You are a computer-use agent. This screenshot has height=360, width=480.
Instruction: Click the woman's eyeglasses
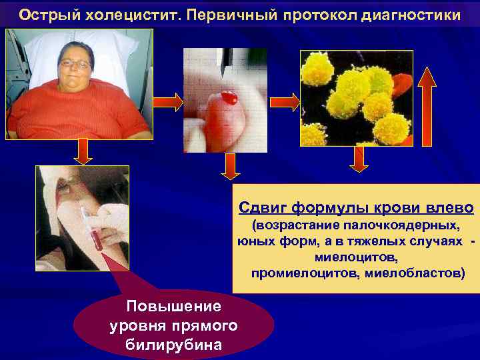[x=75, y=65]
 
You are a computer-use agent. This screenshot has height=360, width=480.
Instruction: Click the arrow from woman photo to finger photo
[x=168, y=102]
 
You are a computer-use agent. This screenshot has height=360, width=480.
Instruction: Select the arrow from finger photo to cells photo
[x=284, y=101]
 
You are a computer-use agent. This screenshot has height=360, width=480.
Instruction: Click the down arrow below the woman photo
[x=83, y=151]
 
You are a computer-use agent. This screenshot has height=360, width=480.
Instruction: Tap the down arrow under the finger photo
[x=230, y=166]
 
